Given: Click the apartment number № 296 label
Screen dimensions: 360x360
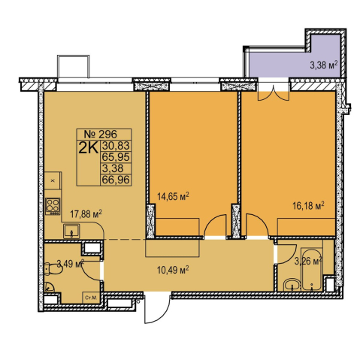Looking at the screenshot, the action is [x=100, y=135].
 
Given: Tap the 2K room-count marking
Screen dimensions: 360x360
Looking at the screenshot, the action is [x=88, y=148].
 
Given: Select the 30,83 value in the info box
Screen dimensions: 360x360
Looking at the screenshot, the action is [x=116, y=146].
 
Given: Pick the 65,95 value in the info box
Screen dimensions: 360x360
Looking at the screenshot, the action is [x=116, y=157].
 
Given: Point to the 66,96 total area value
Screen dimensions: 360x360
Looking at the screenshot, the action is [x=116, y=180].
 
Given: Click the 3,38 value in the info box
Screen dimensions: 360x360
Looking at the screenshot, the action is [x=113, y=168].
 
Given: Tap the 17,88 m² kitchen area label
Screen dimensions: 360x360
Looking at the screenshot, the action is [x=86, y=214].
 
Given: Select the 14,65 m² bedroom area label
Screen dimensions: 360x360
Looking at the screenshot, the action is [x=173, y=196].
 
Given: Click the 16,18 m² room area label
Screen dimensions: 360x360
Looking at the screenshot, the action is [x=309, y=206].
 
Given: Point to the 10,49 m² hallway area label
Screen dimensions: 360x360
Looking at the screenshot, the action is [x=173, y=271].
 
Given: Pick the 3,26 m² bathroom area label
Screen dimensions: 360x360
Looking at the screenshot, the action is [x=308, y=262].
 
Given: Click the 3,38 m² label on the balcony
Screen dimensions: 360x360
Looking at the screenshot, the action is [x=324, y=65].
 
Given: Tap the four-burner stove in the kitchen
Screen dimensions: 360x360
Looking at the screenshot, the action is [x=53, y=206].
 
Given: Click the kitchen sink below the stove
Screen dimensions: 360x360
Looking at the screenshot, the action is [x=71, y=231].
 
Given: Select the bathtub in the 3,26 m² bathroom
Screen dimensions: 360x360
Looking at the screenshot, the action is [x=311, y=270].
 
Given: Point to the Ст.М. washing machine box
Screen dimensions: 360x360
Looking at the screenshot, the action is [x=91, y=298].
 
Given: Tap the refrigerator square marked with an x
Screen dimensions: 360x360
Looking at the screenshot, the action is [x=53, y=180].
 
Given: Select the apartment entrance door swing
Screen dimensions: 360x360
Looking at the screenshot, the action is [x=157, y=309].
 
